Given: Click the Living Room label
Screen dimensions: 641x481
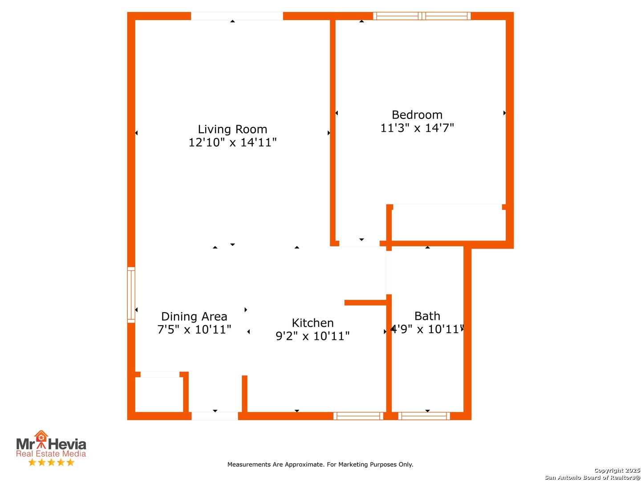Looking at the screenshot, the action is tap(232, 129).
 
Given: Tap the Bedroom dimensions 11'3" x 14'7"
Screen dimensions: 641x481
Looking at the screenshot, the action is tap(417, 128).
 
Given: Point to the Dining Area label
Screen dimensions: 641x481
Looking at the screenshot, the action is tap(194, 316).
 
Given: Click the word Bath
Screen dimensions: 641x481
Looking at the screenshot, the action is tap(427, 316).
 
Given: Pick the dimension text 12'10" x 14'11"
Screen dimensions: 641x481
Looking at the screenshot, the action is tap(232, 142).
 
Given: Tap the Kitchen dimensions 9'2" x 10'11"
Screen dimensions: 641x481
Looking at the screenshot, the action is tap(312, 336).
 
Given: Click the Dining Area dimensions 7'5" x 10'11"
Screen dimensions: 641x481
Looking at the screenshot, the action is tap(194, 330).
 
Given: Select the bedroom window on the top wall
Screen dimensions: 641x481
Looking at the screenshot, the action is tap(422, 16).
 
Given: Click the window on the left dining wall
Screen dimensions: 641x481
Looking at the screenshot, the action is tap(131, 295).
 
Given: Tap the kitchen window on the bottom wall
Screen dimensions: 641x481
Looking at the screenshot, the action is tap(358, 416).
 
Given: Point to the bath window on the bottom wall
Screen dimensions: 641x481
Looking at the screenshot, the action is tap(423, 416).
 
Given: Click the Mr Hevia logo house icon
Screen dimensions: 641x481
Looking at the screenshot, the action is tap(41, 436).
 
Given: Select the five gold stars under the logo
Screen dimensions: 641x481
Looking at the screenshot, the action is tap(51, 462).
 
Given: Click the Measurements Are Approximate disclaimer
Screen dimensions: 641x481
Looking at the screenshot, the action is tap(320, 465).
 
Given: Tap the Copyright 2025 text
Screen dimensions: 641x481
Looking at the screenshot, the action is tap(617, 470).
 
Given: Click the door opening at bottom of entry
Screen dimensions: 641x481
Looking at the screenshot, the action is tap(215, 416).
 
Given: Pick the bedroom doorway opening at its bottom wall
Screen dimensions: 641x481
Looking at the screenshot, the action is tap(359, 243).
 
